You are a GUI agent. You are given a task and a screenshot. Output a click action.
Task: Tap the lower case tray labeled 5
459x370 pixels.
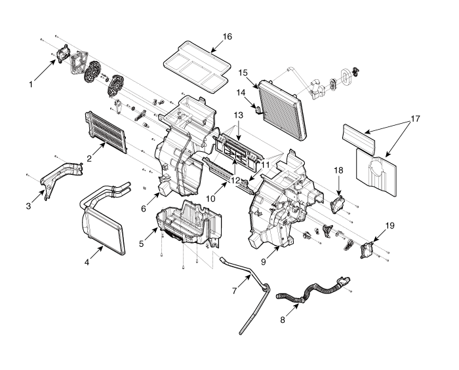pyautogui.click(x=187, y=226)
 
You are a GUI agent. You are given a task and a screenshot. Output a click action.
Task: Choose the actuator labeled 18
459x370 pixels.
pyautogui.click(x=338, y=203)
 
